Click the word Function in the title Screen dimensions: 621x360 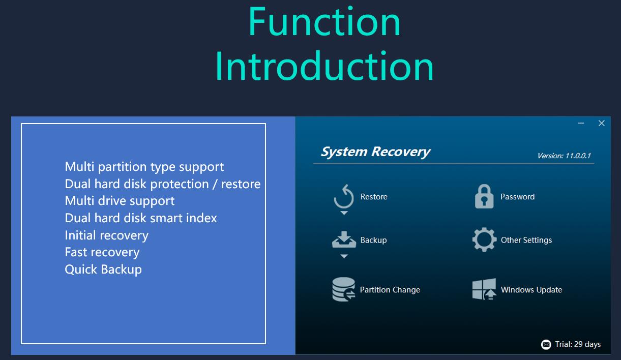pyautogui.click(x=324, y=21)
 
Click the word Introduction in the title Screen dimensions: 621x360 pyautogui.click(x=324, y=66)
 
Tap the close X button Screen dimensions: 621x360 pyautogui.click(x=601, y=123)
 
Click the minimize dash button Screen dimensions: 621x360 pyautogui.click(x=581, y=123)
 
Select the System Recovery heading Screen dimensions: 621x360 pyautogui.click(x=375, y=152)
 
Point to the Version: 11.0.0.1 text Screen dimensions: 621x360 pyautogui.click(x=564, y=156)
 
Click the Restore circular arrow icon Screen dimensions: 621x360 pyautogui.click(x=344, y=196)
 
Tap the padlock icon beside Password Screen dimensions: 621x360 pyautogui.click(x=484, y=196)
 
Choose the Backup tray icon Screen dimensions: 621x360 pyautogui.click(x=344, y=239)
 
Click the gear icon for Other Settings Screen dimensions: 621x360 pyautogui.click(x=484, y=239)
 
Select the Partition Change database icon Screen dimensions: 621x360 pyautogui.click(x=344, y=289)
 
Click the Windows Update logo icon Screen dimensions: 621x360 pyautogui.click(x=484, y=289)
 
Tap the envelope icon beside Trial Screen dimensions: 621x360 pyautogui.click(x=546, y=344)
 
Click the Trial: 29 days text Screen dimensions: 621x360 pyautogui.click(x=578, y=344)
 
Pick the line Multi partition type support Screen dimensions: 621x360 pyautogui.click(x=144, y=167)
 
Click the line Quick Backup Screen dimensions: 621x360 pyautogui.click(x=103, y=269)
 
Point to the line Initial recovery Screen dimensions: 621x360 pyautogui.click(x=106, y=235)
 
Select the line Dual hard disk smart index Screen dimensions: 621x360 pyautogui.click(x=141, y=218)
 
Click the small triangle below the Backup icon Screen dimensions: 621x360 pyautogui.click(x=344, y=256)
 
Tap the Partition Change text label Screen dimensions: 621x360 pyautogui.click(x=390, y=290)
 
